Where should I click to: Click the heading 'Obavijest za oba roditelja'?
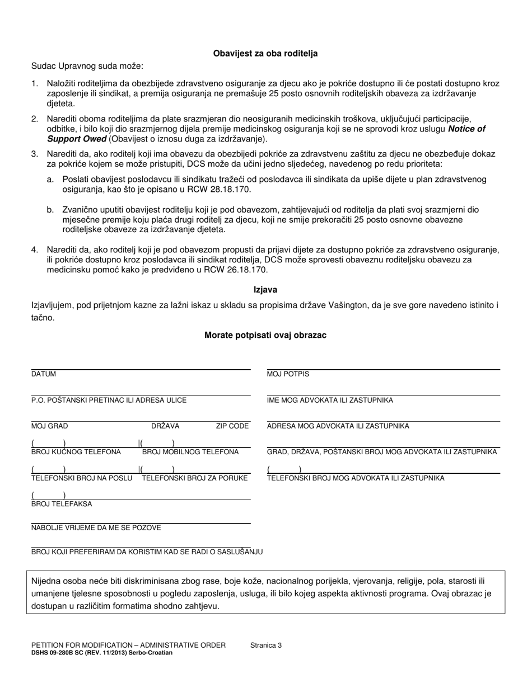click(x=265, y=54)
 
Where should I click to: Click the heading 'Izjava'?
click(x=265, y=290)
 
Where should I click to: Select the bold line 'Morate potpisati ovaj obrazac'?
click(x=265, y=335)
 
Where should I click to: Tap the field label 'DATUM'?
click(x=44, y=374)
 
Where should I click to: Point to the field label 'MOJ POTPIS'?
click(x=288, y=374)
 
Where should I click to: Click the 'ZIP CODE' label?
click(x=232, y=426)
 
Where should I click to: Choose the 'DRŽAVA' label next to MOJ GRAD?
click(x=165, y=426)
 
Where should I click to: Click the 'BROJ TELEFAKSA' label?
click(x=62, y=504)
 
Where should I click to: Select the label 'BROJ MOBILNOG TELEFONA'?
click(x=190, y=452)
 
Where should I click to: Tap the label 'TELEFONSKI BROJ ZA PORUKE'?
click(x=195, y=478)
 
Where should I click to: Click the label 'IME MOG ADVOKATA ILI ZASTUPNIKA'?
click(x=330, y=400)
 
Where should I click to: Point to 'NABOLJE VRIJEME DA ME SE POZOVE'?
click(x=96, y=528)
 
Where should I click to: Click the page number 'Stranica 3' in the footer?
click(x=266, y=645)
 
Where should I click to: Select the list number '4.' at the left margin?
click(x=35, y=249)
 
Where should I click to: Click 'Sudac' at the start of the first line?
click(x=43, y=66)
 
